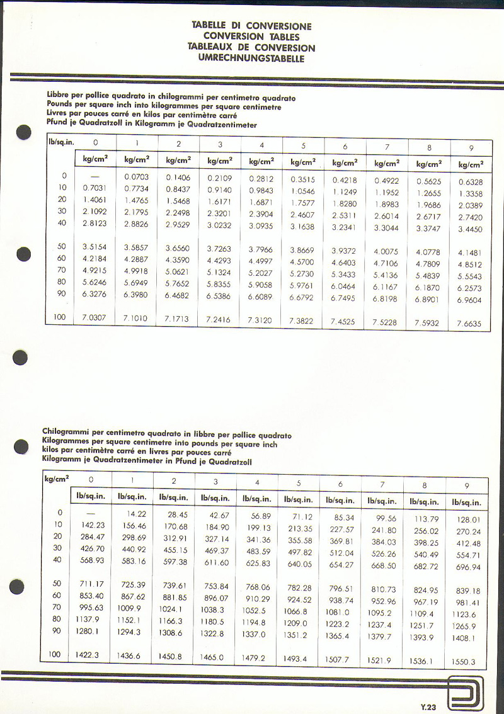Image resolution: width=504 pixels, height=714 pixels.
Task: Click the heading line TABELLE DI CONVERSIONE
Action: (251, 26)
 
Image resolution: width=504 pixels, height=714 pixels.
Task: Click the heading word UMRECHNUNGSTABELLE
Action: (251, 59)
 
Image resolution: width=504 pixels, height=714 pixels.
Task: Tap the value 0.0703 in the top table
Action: (137, 178)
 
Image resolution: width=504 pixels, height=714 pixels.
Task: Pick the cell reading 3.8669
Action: (302, 250)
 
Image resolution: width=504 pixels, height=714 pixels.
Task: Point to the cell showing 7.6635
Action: (469, 324)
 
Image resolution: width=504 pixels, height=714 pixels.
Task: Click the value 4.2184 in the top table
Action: (95, 258)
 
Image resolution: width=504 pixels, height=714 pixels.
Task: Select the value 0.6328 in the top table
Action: (470, 183)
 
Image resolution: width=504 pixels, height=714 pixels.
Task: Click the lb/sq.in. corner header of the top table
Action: (61, 142)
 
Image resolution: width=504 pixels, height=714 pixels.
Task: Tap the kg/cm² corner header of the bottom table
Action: (57, 479)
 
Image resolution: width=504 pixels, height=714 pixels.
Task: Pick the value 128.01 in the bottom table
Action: (466, 520)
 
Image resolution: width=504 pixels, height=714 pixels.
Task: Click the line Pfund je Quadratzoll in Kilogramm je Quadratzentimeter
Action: (152, 125)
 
